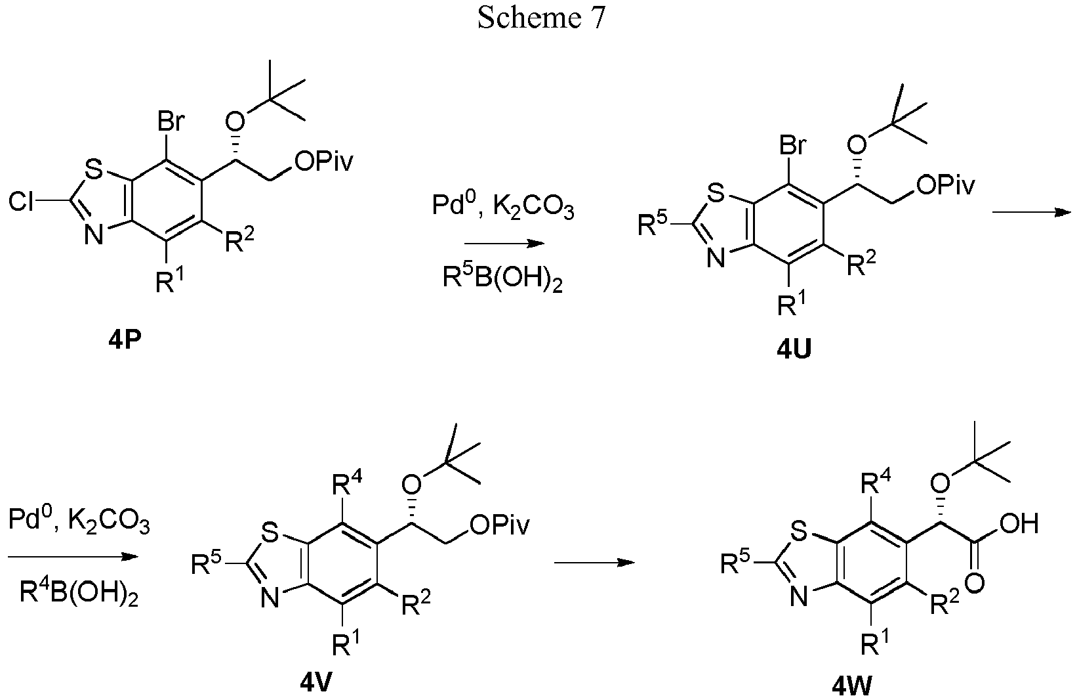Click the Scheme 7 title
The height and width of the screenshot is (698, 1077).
click(x=540, y=18)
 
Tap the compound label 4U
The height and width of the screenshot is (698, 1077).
click(x=794, y=351)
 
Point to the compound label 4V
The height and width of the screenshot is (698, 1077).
click(x=316, y=683)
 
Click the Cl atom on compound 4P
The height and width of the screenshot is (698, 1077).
click(x=22, y=202)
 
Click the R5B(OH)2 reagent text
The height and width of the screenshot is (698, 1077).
click(x=502, y=278)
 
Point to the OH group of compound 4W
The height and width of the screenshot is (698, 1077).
click(x=1019, y=523)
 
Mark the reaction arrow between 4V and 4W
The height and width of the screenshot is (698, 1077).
click(x=595, y=562)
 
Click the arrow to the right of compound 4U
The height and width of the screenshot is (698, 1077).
click(x=1032, y=212)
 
